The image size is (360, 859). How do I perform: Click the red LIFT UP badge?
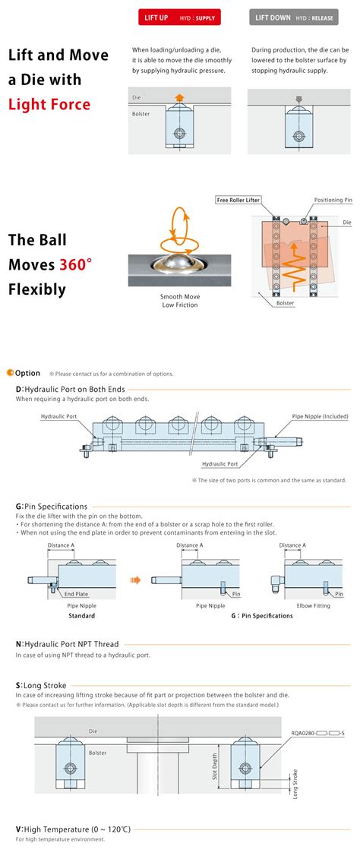tap(179, 17)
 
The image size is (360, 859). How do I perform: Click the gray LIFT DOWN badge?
tap(294, 17)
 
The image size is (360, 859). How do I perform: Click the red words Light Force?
tap(49, 104)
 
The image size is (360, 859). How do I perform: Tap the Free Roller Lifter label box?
tap(238, 201)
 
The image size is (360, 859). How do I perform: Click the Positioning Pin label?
tap(333, 201)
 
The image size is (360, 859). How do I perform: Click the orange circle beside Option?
tap(10, 373)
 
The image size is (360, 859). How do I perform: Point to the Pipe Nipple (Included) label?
tap(320, 416)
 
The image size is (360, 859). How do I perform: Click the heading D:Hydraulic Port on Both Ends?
tap(70, 390)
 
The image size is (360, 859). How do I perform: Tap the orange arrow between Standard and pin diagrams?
tap(135, 580)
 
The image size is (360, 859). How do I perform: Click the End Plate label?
tap(77, 594)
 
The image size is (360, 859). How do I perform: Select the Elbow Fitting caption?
tap(313, 606)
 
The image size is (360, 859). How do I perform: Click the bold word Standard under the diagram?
tap(81, 616)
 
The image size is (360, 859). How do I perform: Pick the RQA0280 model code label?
tap(317, 733)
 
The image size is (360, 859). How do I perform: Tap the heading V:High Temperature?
tap(73, 829)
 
